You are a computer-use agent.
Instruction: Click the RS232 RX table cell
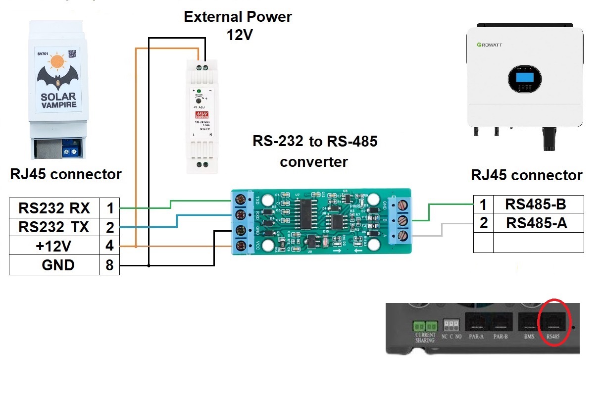(54, 208)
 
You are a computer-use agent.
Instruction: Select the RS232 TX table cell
(54, 227)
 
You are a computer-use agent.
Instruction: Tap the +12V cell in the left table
(54, 246)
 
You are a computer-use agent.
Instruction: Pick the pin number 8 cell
(109, 265)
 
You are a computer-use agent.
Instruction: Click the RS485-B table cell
(536, 204)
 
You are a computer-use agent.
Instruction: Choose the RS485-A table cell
(536, 223)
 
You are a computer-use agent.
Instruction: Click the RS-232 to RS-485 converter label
(314, 152)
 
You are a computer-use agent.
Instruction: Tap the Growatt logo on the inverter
(489, 45)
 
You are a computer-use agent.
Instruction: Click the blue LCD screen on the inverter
(524, 77)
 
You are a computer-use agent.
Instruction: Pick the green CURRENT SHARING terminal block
(425, 327)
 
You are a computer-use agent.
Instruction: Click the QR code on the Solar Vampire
(73, 53)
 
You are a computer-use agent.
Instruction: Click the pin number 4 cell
(109, 246)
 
